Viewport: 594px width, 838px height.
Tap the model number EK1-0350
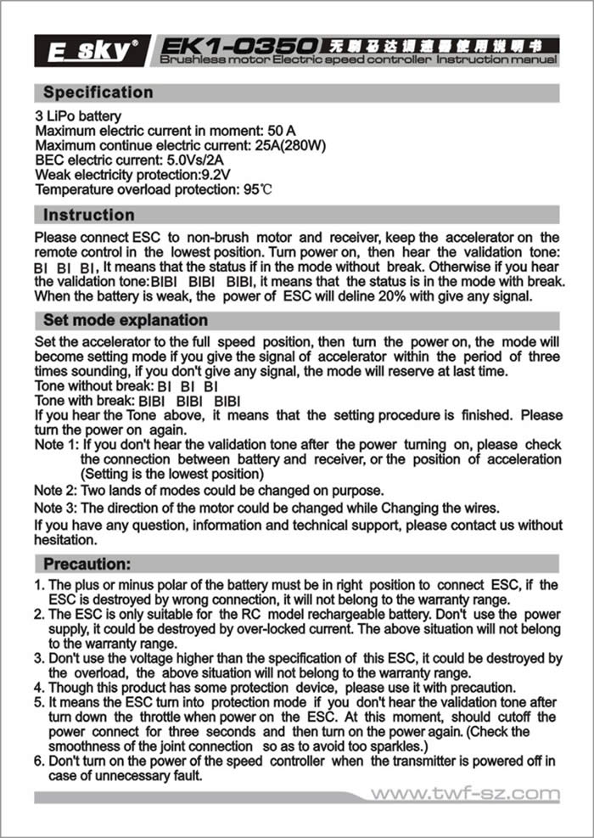[239, 44]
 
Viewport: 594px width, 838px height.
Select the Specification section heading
[98, 93]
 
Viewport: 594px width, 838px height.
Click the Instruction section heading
[89, 215]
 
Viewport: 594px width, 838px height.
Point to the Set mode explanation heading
[126, 320]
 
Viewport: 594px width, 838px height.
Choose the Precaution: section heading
[87, 564]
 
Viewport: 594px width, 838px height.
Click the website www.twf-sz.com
[466, 795]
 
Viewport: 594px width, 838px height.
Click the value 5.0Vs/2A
[200, 160]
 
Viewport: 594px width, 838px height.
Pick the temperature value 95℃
[260, 189]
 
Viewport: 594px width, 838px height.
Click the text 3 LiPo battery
[78, 115]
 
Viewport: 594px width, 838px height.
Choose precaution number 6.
[39, 761]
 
